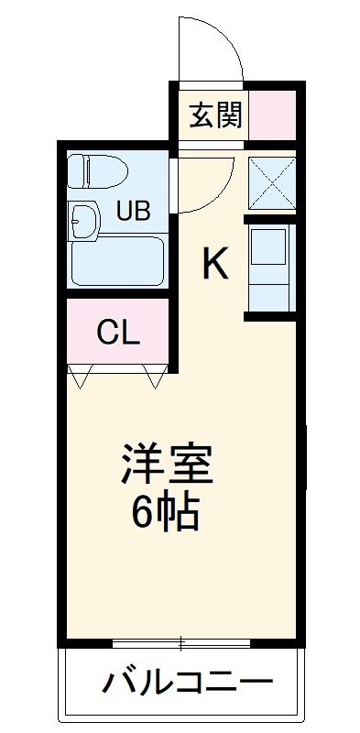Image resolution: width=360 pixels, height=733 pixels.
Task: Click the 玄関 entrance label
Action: (x=216, y=116)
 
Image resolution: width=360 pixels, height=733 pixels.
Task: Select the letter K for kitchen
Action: (x=214, y=265)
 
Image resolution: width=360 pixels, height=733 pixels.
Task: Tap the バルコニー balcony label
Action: (x=188, y=682)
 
